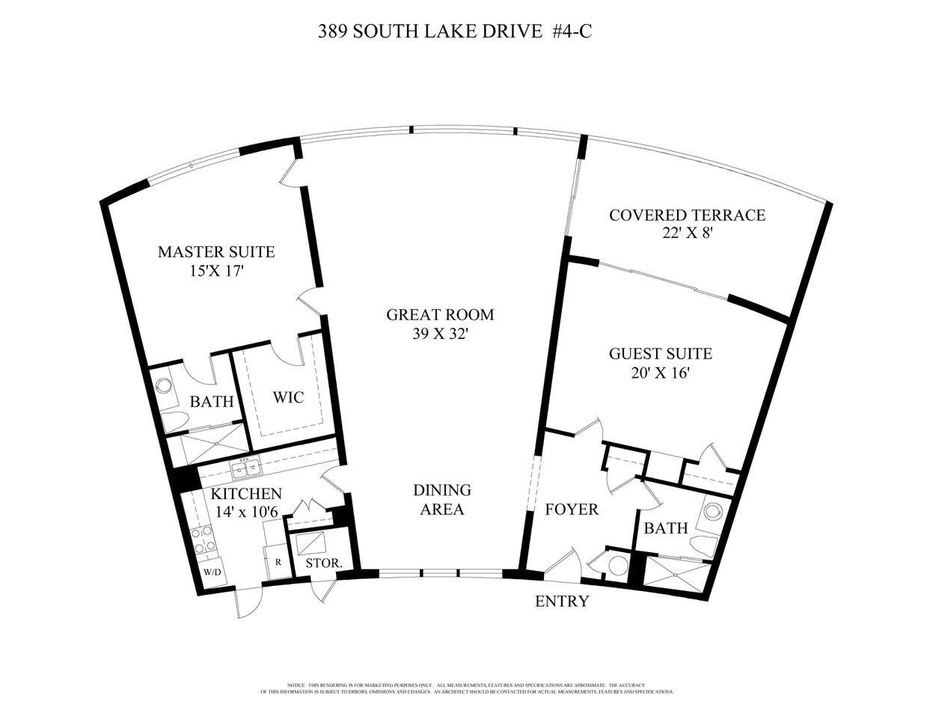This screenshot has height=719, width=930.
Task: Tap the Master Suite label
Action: (x=215, y=252)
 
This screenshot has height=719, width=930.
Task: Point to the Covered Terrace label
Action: (x=687, y=215)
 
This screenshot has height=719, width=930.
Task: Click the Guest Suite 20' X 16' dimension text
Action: (x=659, y=373)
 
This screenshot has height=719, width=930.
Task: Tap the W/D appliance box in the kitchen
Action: (x=212, y=572)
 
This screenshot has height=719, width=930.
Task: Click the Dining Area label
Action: (x=441, y=500)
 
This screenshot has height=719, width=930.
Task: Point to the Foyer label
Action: (x=572, y=510)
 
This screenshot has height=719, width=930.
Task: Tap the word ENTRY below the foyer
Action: (x=562, y=602)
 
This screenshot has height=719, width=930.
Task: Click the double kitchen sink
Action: (x=246, y=470)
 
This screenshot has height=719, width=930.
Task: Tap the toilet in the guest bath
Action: (x=703, y=543)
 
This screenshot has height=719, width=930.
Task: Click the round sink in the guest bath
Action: (x=712, y=512)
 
